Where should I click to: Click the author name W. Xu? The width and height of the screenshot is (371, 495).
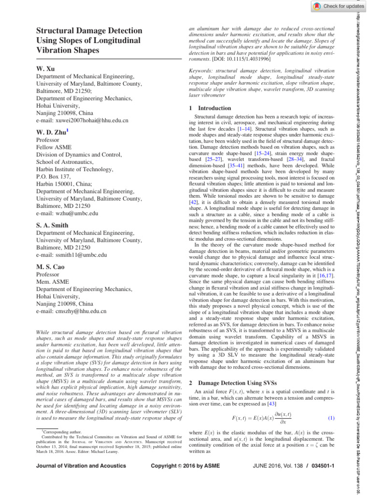click(x=46, y=69)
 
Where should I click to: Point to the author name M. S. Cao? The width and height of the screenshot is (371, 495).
click(x=51, y=267)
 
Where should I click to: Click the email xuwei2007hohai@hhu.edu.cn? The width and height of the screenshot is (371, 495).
click(x=83, y=120)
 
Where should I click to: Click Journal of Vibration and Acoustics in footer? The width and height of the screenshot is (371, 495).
click(x=81, y=466)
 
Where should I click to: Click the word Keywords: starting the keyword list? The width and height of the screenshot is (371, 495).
click(x=202, y=71)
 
